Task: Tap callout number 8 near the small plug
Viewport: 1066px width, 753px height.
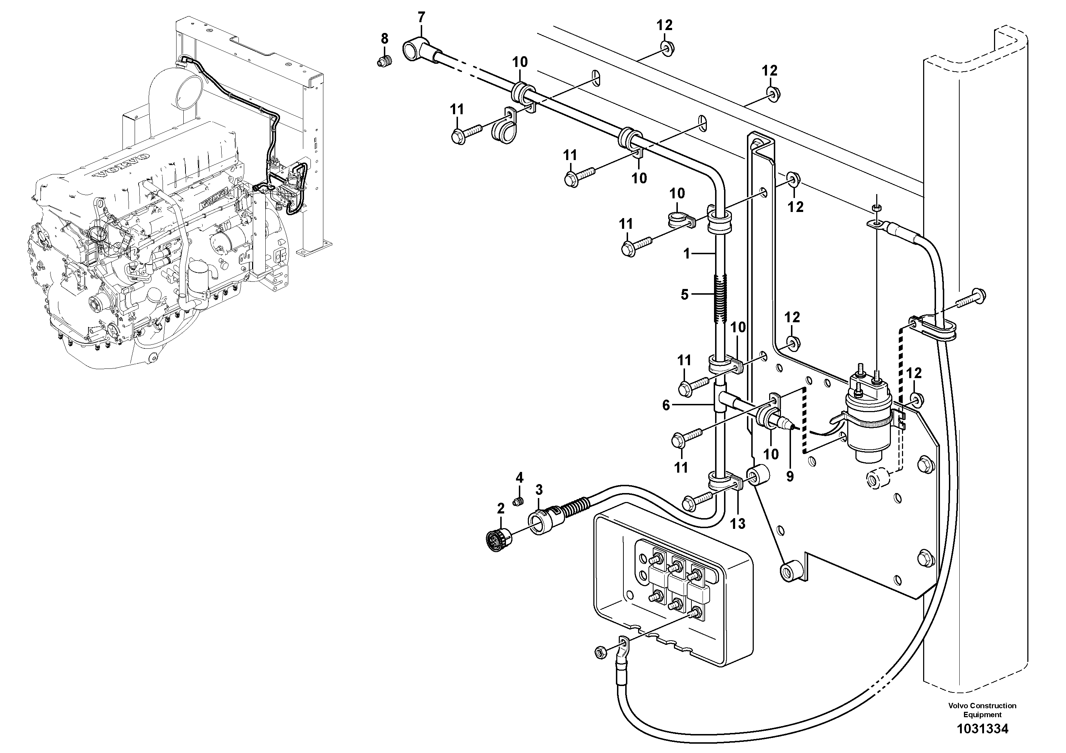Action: coord(385,39)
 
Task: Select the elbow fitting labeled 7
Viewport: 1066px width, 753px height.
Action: coord(415,50)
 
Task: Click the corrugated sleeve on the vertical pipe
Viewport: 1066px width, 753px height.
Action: coord(717,299)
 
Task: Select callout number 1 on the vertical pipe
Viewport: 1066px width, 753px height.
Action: coord(687,254)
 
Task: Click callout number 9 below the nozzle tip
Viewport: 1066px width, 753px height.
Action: coord(790,476)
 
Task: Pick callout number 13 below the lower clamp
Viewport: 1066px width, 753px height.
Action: coord(737,524)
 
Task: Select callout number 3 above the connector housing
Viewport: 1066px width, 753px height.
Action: coord(539,490)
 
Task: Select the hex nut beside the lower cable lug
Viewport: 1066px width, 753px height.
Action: coord(599,652)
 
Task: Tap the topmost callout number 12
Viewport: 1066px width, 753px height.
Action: coord(664,25)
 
